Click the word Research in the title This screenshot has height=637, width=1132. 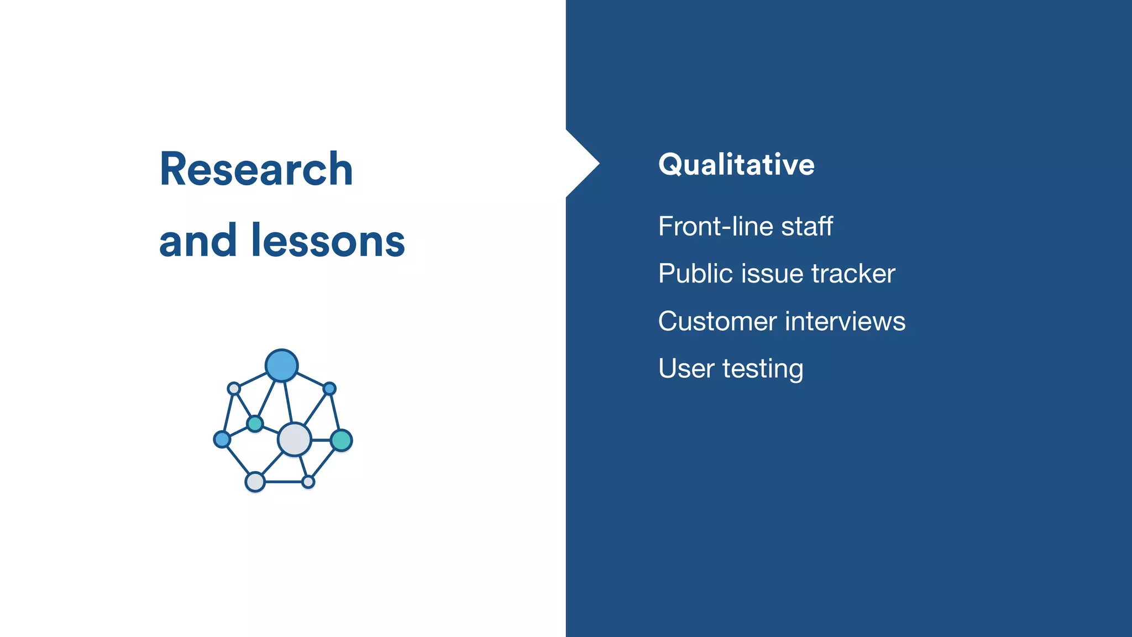pos(256,169)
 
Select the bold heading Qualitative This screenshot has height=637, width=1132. pos(736,165)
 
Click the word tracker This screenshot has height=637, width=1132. pos(853,274)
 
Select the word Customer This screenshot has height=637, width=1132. pos(717,321)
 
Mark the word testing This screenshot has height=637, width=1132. pos(763,369)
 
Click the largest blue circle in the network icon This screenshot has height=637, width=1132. pos(281,366)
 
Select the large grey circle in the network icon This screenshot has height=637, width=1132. pos(295,440)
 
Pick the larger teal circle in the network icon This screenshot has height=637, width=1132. pos(342,441)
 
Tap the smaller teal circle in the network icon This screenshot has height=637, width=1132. pos(255,424)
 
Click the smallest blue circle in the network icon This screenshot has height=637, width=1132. pos(329,389)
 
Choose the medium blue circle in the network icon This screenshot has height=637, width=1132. pos(222,440)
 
